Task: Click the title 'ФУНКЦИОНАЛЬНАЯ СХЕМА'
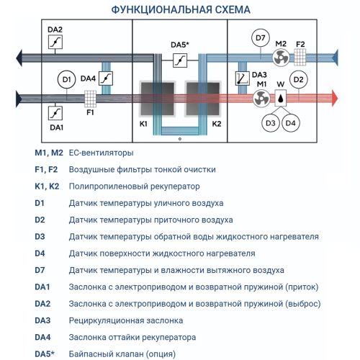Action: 180,10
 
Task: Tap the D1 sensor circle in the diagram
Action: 66,78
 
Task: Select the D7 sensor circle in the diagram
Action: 261,37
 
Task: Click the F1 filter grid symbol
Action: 91,97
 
